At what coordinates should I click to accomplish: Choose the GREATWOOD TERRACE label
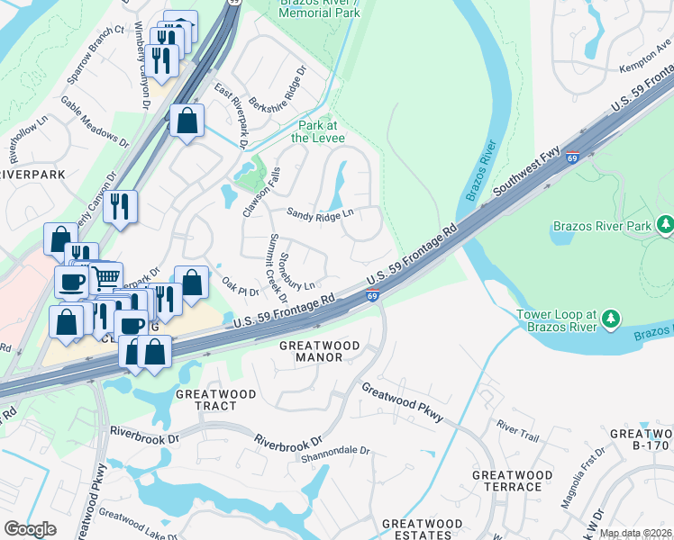[x=512, y=481]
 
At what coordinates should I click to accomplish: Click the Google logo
[x=30, y=529]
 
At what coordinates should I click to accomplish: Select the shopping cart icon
[x=106, y=276]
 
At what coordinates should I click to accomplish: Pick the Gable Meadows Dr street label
[x=94, y=121]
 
